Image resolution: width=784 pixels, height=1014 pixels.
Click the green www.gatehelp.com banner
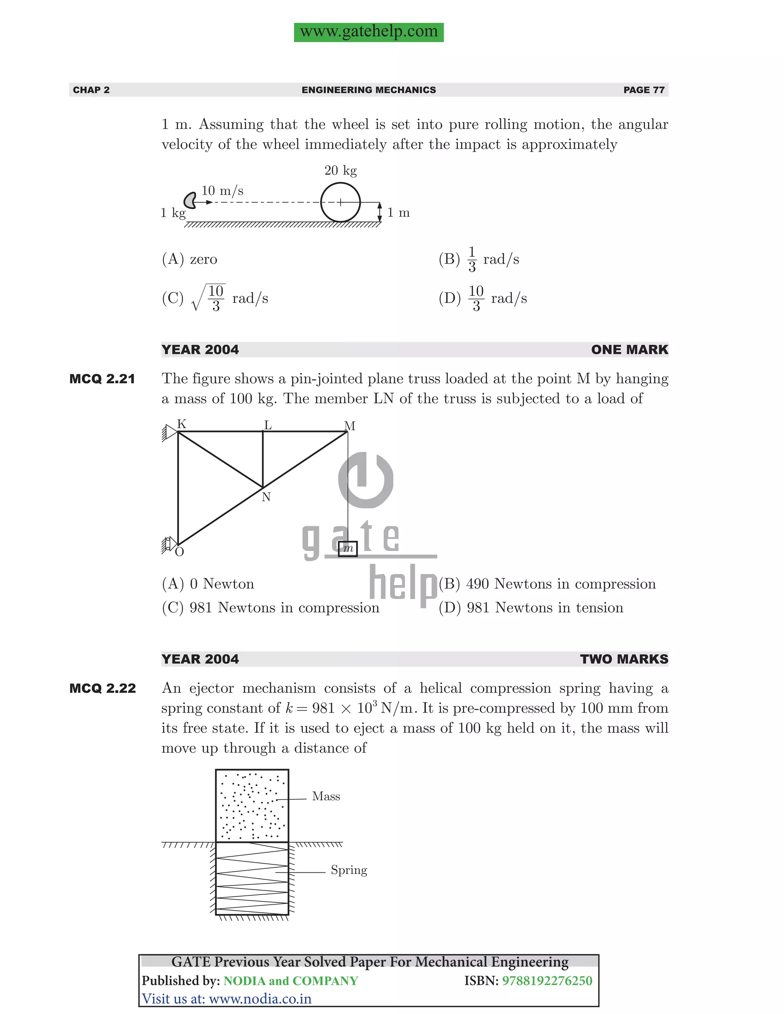368,32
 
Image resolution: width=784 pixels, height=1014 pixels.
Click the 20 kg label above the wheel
340,170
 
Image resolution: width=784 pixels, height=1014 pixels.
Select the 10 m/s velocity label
222,191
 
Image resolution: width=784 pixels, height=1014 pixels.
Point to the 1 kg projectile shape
189,201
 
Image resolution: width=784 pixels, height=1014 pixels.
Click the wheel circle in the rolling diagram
340,202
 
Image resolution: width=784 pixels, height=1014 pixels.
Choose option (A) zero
189,259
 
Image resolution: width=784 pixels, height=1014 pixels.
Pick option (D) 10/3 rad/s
483,298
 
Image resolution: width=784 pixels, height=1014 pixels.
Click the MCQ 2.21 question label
102,379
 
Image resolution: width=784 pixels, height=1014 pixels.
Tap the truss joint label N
266,497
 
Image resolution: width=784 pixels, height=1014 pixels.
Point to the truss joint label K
181,424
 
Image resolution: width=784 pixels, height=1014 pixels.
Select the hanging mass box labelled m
348,549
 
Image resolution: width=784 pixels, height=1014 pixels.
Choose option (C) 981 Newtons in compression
270,608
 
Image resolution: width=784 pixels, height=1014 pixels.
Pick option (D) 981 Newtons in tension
531,608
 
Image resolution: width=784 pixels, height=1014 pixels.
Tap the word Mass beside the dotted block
326,797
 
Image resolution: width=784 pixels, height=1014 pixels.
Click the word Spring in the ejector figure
349,870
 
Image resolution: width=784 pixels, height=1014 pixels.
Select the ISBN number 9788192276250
547,981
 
